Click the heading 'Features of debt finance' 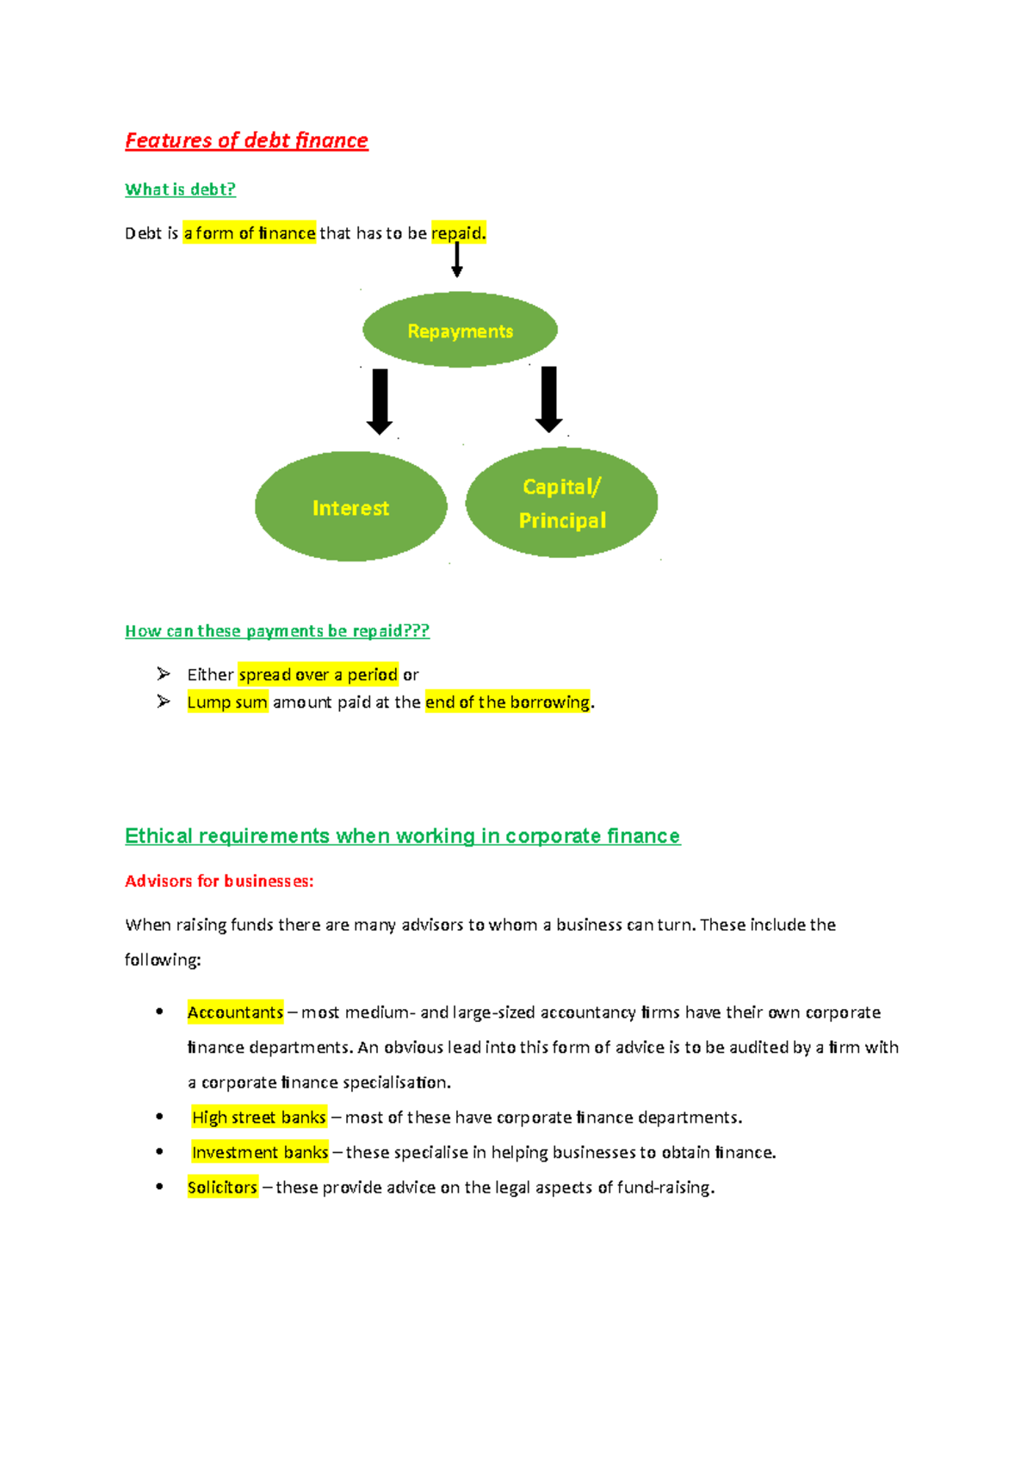(x=246, y=140)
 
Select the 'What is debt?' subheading (x=180, y=189)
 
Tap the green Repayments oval (x=460, y=331)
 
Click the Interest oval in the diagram (x=350, y=507)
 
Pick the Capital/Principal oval (x=561, y=503)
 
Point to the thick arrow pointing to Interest (x=380, y=401)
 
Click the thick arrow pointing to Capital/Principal (x=548, y=399)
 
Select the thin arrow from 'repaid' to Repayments (x=457, y=259)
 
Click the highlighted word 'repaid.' (x=458, y=233)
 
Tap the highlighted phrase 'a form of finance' (x=249, y=233)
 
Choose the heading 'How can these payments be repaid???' (x=277, y=631)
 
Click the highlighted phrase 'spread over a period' (x=318, y=674)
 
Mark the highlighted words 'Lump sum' (x=227, y=702)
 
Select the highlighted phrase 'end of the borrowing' (x=507, y=702)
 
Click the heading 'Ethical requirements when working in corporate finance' (x=402, y=836)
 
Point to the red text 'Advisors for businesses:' (x=220, y=881)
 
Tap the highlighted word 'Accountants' (x=235, y=1013)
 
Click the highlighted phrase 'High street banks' (x=258, y=1118)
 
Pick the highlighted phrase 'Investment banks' (x=260, y=1153)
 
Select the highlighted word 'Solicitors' (x=222, y=1187)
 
